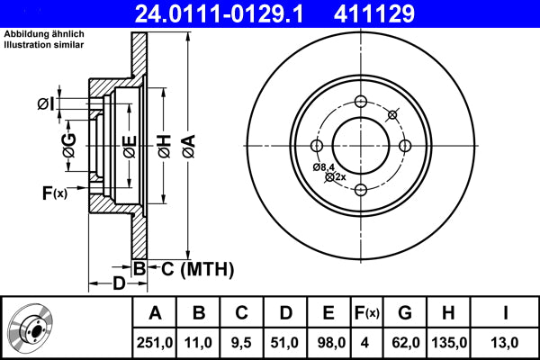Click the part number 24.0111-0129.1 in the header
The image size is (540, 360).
(x=219, y=13)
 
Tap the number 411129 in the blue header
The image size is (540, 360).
(x=374, y=13)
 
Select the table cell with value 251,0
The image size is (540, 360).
(x=155, y=343)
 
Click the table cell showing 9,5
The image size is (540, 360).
(x=241, y=343)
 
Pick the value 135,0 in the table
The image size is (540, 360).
(x=449, y=343)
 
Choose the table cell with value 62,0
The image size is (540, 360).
(x=406, y=343)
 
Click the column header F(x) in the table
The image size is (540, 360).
(x=367, y=313)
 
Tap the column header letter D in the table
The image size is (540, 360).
(x=285, y=313)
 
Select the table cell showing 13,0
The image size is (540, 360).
(x=505, y=343)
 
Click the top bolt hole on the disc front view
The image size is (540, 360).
(x=361, y=102)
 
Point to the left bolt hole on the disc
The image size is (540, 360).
(x=317, y=146)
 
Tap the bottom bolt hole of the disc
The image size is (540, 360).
(x=361, y=190)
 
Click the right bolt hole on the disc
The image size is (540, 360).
(x=405, y=146)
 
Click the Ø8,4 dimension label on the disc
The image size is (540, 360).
(x=324, y=167)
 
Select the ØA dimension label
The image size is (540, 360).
(x=189, y=146)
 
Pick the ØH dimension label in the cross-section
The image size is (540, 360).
(x=165, y=146)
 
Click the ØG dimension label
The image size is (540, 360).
(x=69, y=146)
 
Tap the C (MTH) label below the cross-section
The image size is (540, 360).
(x=198, y=269)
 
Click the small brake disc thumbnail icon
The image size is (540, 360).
(x=31, y=327)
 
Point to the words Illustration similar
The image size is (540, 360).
(x=44, y=45)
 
